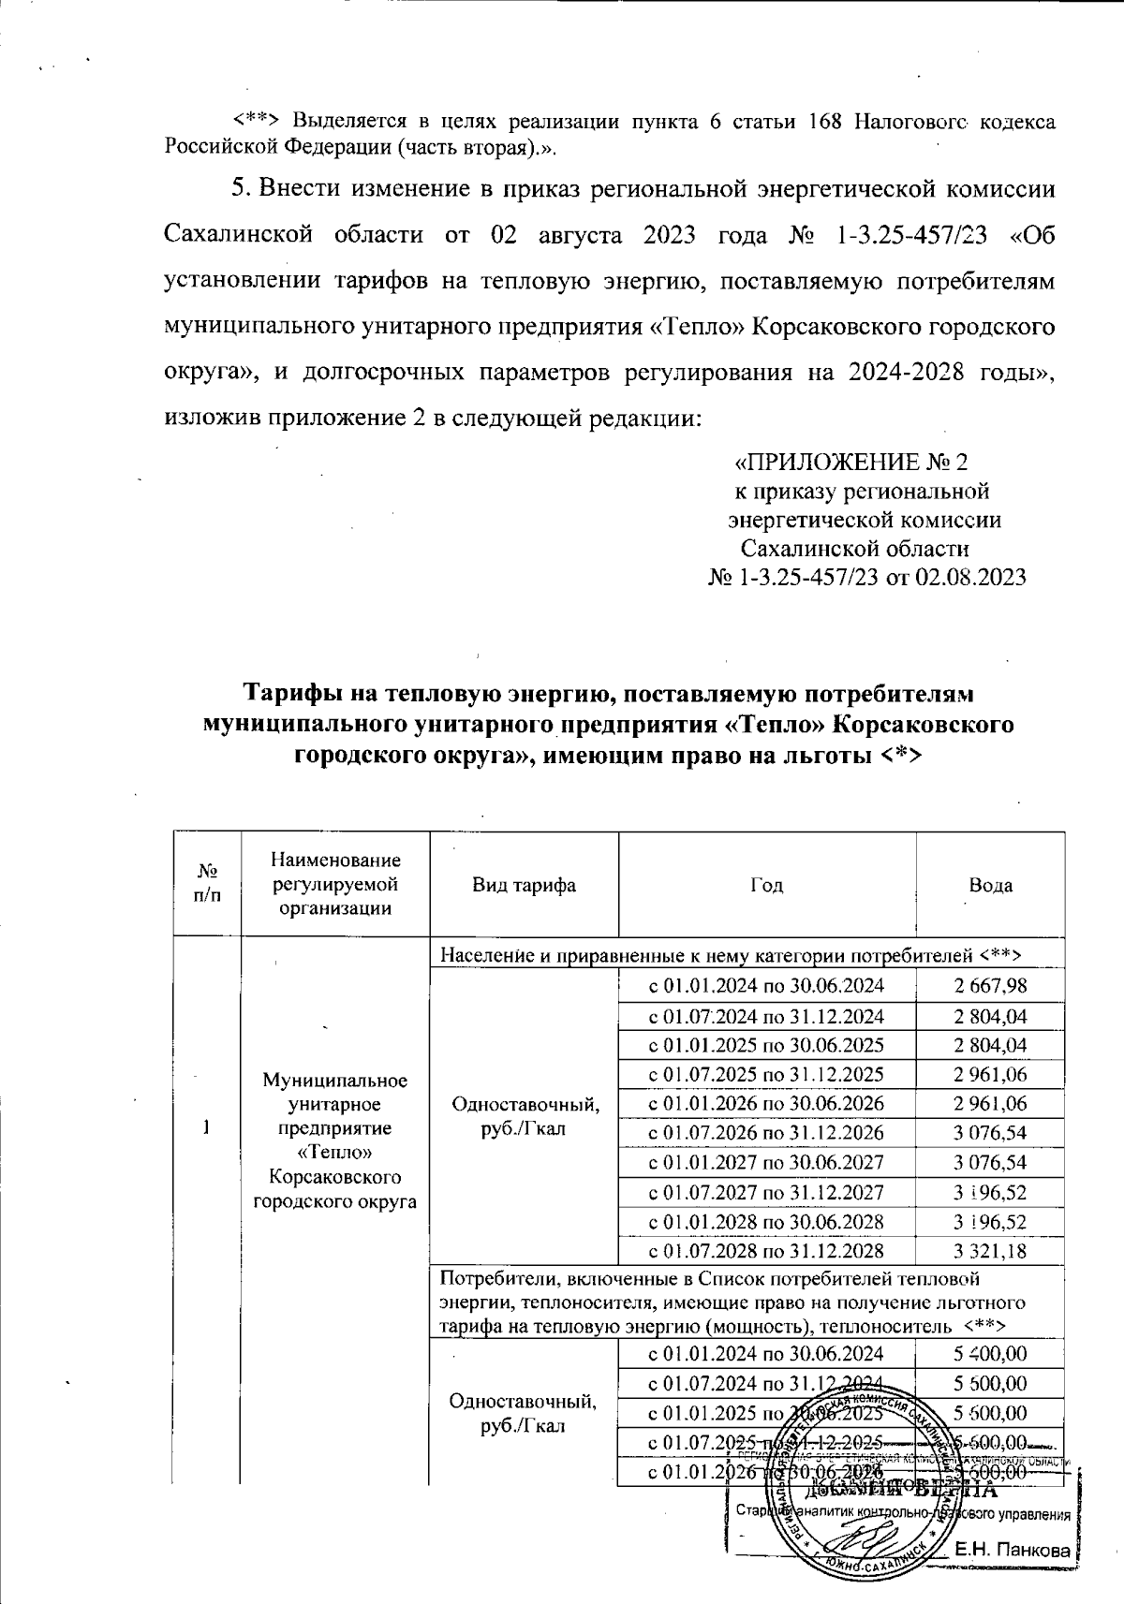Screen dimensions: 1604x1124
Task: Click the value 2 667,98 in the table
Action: point(990,985)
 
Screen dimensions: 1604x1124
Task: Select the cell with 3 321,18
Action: point(990,1251)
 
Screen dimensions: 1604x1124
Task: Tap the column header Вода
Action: point(990,885)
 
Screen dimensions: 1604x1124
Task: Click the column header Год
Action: point(766,885)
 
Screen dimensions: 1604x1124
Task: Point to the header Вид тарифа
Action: point(524,885)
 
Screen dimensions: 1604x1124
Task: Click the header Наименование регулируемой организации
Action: point(334,884)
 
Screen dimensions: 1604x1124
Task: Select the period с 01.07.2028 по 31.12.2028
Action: point(766,1251)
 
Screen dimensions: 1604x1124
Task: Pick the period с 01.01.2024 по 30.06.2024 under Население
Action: point(766,985)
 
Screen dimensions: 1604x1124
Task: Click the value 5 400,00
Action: point(990,1354)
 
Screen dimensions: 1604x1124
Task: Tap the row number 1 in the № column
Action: point(206,1127)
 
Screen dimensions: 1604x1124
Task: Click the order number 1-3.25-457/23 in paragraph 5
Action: point(908,235)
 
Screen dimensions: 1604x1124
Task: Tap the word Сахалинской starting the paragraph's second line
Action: point(237,235)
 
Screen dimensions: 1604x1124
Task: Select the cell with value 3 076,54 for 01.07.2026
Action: point(990,1133)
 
